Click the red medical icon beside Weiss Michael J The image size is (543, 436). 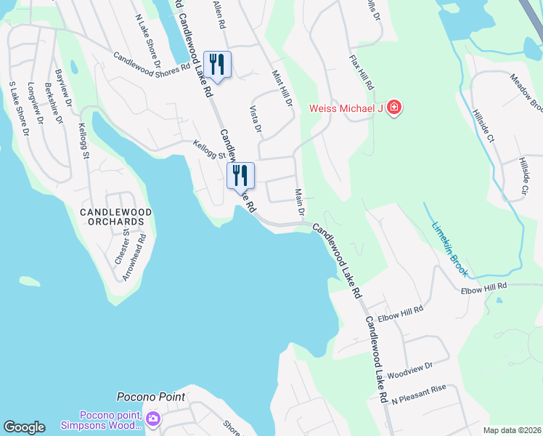[x=394, y=108]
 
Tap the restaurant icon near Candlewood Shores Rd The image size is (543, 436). [x=218, y=64]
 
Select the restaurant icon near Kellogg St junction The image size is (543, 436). [x=240, y=174]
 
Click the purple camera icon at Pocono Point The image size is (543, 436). [x=153, y=419]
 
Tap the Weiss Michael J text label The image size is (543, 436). [x=346, y=109]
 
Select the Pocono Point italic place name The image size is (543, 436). [x=151, y=397]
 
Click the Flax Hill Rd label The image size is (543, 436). [x=362, y=73]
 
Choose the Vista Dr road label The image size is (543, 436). [x=255, y=119]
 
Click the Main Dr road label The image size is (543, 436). [x=298, y=202]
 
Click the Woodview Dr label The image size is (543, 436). [x=409, y=370]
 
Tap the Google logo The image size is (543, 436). [x=24, y=427]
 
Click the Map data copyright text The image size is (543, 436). [x=512, y=430]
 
